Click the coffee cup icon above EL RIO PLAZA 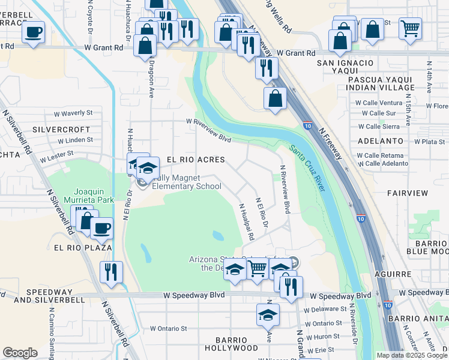point(101,227)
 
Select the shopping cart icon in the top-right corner point(410,27)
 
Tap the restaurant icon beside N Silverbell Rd point(112,271)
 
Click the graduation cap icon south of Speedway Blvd point(268,314)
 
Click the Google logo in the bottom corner point(20,353)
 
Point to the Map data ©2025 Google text point(411,355)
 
